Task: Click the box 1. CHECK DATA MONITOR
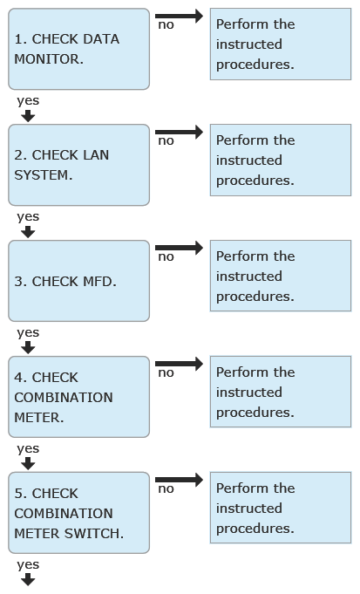click(x=78, y=49)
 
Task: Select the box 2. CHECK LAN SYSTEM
click(x=78, y=165)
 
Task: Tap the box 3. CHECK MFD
click(x=78, y=281)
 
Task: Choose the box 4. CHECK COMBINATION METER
click(x=78, y=397)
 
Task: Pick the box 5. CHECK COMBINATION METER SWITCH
click(x=78, y=513)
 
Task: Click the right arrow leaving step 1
click(x=179, y=16)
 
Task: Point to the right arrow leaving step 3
click(x=179, y=248)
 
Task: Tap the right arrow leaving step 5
click(x=179, y=480)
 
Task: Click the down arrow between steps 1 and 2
click(x=28, y=116)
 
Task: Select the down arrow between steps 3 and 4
click(x=28, y=348)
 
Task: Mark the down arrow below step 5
click(x=28, y=579)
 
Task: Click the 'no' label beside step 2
click(x=166, y=141)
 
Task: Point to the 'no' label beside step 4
click(x=166, y=373)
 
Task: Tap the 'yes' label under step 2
click(x=28, y=217)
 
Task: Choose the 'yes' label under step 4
click(x=28, y=449)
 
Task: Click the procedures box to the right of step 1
click(x=281, y=44)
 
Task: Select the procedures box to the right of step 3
click(x=281, y=276)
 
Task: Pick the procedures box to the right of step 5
click(x=281, y=508)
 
